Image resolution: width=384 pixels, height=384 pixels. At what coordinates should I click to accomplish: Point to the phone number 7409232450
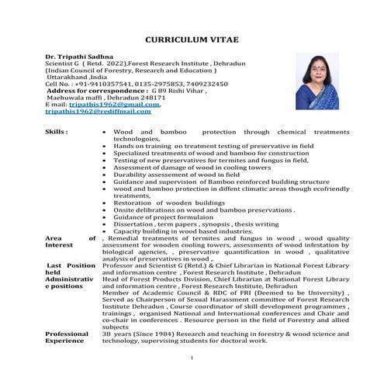pos(202,84)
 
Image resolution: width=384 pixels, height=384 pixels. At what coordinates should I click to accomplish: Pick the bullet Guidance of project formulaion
pos(164,217)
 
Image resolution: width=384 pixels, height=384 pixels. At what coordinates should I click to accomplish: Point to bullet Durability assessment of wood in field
pos(177,175)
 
